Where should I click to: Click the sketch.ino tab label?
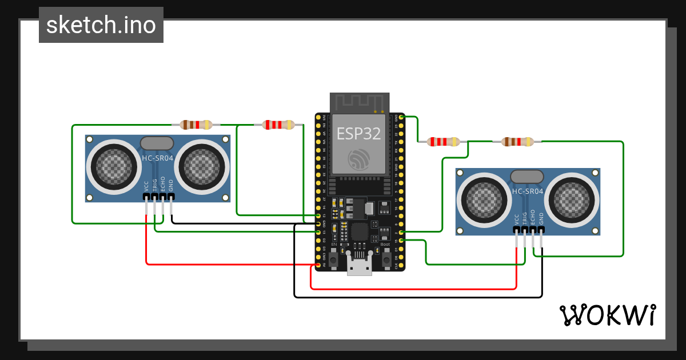(101, 25)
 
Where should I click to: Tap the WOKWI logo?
(607, 315)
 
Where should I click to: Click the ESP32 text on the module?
(358, 134)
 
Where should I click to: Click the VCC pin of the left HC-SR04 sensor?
(146, 197)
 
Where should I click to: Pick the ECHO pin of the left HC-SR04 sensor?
(163, 197)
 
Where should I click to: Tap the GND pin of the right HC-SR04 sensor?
(541, 230)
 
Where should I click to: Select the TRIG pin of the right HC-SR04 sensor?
(525, 230)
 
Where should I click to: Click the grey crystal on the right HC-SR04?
(527, 177)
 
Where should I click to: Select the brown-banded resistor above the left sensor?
(196, 125)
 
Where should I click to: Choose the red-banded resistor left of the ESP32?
(278, 125)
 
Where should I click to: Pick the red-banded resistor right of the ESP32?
(445, 141)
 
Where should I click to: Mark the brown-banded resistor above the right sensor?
(517, 141)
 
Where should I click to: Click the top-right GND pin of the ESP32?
(401, 117)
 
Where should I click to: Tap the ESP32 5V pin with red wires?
(318, 265)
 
